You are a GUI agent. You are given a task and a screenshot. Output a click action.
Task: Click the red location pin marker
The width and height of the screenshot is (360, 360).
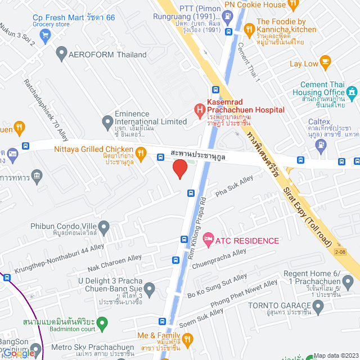(179, 169)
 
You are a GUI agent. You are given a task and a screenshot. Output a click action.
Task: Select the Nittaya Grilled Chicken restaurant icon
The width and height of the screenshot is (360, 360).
(141, 152)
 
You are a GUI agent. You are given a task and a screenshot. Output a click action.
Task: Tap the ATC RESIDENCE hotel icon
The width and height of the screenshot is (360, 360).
(208, 240)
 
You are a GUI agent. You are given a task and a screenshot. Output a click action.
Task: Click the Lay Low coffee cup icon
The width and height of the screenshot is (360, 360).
(325, 61)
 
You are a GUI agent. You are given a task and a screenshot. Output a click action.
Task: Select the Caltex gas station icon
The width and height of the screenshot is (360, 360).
(321, 144)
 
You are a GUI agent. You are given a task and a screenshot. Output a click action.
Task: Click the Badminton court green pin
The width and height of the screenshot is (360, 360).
(102, 323)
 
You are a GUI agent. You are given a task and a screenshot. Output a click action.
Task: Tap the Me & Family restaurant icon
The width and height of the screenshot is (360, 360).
(188, 339)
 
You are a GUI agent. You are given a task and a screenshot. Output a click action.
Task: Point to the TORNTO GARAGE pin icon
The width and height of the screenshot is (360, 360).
(318, 308)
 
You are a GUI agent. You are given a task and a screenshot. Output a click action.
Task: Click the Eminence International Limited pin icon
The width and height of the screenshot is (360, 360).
(107, 121)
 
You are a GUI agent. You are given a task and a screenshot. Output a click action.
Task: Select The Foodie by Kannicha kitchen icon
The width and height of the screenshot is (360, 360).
(248, 28)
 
